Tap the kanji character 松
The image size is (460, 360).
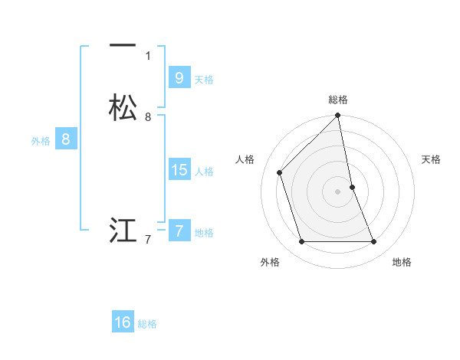[x=123, y=107]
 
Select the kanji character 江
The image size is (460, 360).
[x=123, y=230]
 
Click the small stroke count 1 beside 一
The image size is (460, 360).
[x=148, y=55]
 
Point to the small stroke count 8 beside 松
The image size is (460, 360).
[x=148, y=116]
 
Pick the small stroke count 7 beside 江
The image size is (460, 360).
[x=148, y=240]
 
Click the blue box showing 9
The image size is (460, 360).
[x=179, y=78]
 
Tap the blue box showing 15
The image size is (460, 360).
[x=179, y=170]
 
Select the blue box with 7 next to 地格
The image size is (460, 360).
[x=179, y=231]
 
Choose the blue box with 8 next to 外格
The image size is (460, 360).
[x=66, y=139]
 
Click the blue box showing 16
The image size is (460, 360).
[x=123, y=322]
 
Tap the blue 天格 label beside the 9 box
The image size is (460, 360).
[x=204, y=80]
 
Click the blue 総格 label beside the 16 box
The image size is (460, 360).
[x=147, y=324]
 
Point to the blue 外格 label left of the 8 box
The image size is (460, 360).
[x=40, y=141]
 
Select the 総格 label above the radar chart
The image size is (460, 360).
[x=338, y=100]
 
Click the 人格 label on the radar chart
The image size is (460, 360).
[x=245, y=159]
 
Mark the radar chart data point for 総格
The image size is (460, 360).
[x=338, y=116]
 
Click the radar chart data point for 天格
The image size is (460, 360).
[x=352, y=187]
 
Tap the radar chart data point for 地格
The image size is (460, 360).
[x=374, y=242]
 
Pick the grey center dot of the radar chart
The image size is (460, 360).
[x=338, y=191]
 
